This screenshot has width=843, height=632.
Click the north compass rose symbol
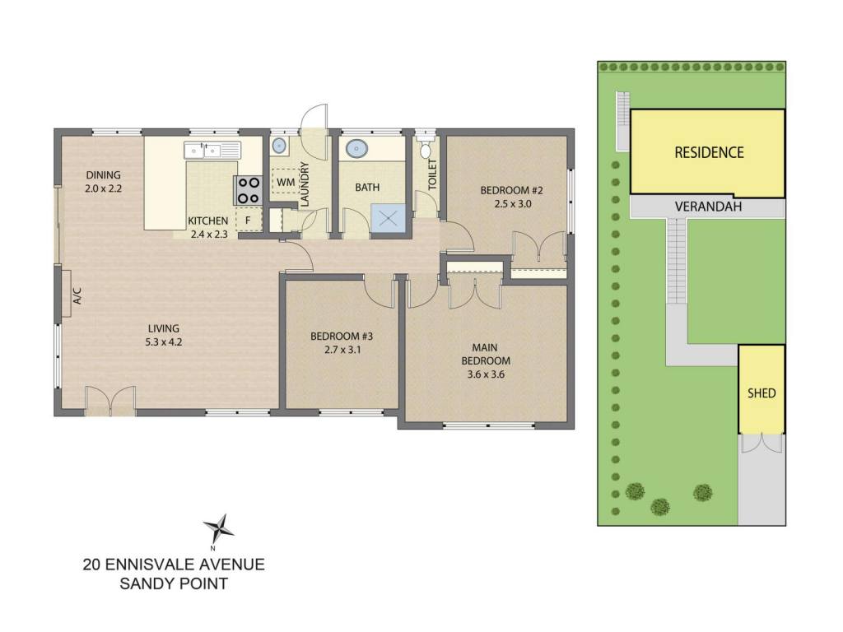218,529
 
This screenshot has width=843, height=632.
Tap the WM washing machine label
286,182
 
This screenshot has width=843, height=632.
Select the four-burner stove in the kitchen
249,191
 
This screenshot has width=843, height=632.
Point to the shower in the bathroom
388,219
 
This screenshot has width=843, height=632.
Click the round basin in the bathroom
356,148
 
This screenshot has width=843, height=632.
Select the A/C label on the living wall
77,295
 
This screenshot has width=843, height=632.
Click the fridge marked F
248,220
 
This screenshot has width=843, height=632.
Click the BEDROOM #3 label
342,337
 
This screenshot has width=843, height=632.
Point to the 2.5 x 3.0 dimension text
513,204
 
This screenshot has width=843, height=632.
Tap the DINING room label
103,174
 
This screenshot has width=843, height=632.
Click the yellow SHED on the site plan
761,389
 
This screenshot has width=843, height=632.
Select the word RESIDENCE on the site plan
709,152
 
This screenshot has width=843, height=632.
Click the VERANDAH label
708,207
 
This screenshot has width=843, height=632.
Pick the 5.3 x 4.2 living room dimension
164,342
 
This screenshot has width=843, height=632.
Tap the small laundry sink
278,145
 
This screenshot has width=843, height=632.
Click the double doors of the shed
761,443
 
